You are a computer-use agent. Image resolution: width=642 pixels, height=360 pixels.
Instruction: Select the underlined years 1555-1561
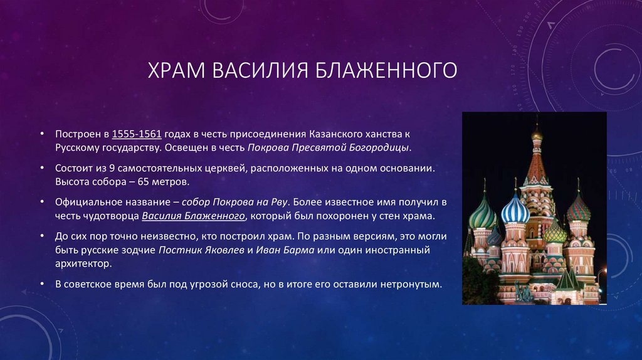137,135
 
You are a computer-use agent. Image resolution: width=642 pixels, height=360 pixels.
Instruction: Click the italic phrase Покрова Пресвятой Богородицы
329,148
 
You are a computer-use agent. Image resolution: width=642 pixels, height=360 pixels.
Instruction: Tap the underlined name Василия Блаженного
192,216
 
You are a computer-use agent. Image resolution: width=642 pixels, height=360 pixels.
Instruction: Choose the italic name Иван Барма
280,250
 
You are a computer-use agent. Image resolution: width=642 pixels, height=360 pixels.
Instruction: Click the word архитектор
82,263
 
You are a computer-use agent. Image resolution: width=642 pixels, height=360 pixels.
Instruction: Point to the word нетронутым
414,283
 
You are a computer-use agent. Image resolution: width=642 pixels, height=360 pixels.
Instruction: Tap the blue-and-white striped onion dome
515,209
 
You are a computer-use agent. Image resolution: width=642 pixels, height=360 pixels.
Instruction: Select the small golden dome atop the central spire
537,134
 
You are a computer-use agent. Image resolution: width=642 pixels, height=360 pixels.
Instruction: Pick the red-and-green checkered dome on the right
577,207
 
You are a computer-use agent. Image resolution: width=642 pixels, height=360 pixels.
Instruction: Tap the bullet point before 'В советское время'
41,283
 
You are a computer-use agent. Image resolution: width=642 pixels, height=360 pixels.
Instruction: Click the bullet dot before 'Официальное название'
41,203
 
